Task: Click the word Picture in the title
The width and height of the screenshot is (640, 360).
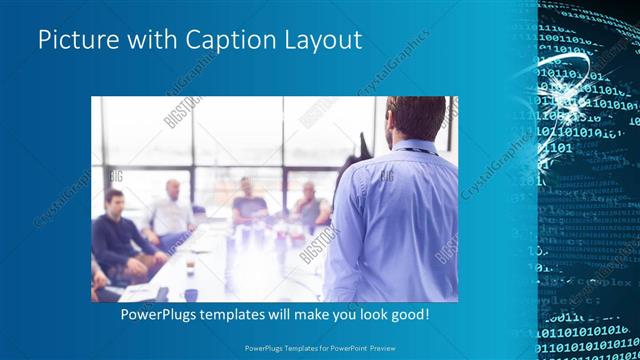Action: [x=73, y=41]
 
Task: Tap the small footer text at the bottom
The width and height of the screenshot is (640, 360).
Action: [x=319, y=349]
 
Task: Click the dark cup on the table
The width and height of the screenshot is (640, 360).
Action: [x=189, y=294]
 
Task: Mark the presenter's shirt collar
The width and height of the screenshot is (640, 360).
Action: [x=411, y=147]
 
